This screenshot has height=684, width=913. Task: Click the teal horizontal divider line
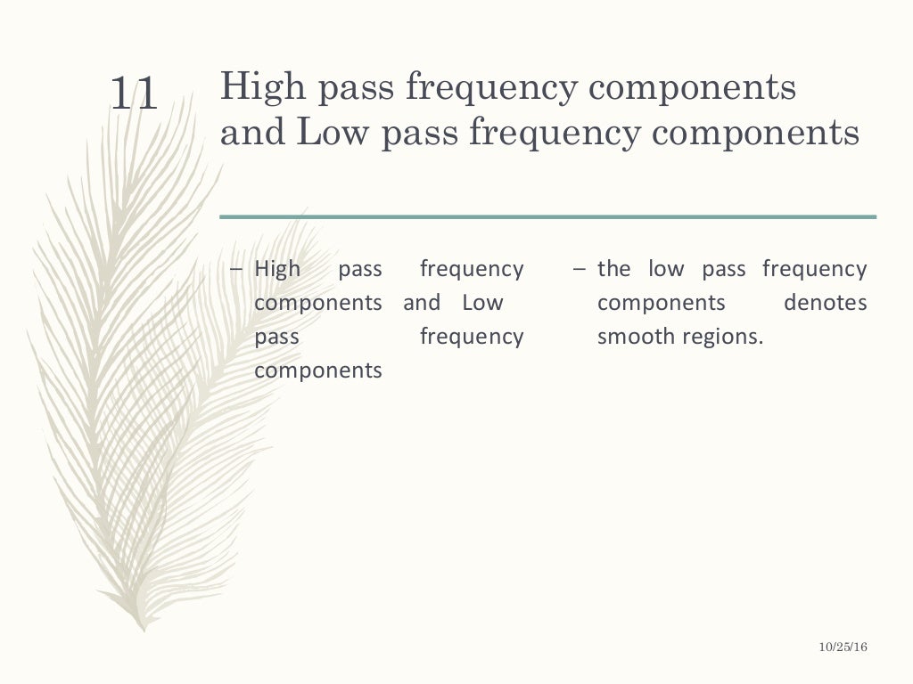(x=547, y=216)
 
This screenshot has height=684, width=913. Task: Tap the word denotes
(x=825, y=303)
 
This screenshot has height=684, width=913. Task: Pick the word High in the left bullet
(x=277, y=269)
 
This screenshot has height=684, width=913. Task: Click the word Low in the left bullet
(x=482, y=303)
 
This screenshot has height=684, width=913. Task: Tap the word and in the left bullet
(x=422, y=303)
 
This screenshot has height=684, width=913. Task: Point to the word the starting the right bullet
(x=613, y=269)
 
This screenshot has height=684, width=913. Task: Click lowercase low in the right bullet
(x=663, y=269)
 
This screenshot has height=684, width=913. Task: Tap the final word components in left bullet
(x=318, y=370)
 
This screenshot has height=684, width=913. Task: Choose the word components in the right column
(x=662, y=303)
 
